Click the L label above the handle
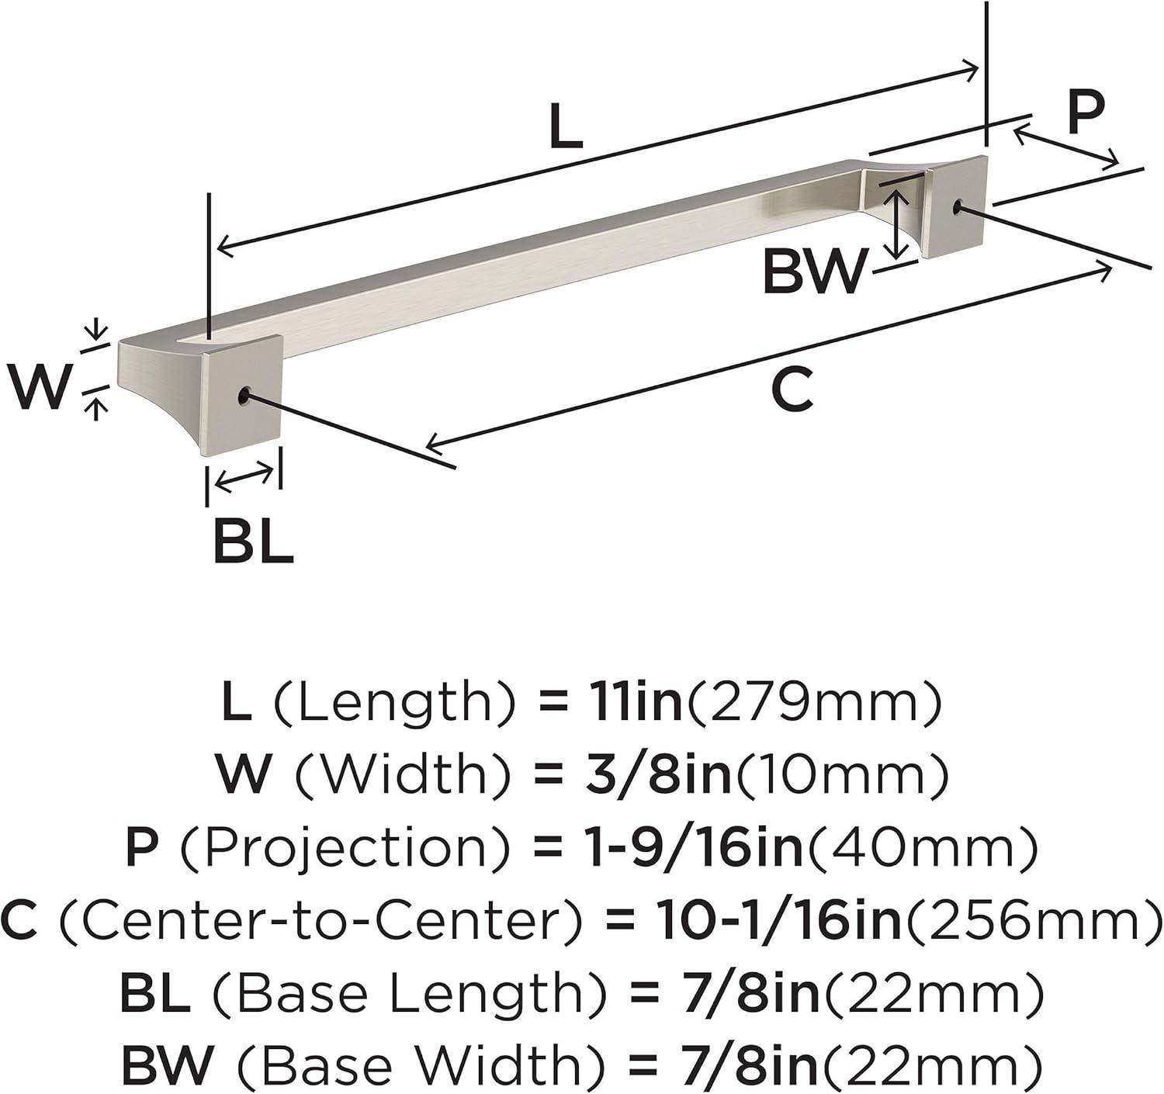click(x=566, y=126)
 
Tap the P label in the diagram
click(x=1085, y=112)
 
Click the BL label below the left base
click(x=253, y=542)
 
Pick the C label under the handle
click(x=792, y=388)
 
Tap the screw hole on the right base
click(x=958, y=206)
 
